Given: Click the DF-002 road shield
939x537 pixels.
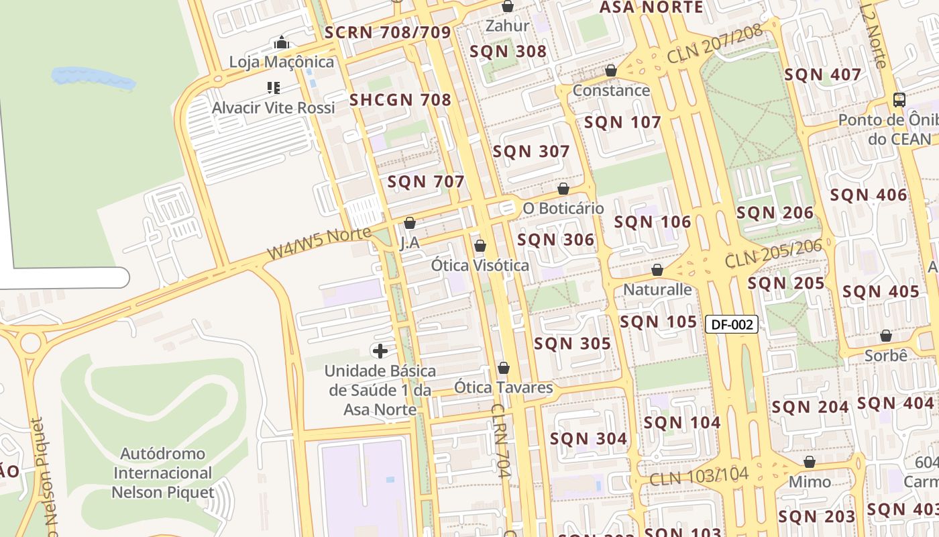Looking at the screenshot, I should coord(732,325).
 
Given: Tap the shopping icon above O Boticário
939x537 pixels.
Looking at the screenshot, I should coord(563,189).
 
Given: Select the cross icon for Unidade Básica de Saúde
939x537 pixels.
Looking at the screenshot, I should coord(380,351).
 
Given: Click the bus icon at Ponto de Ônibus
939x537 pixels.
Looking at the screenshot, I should coord(899,100).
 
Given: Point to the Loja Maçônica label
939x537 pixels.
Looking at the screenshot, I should coord(281,62).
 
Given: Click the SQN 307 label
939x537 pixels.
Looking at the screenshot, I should coord(531,152).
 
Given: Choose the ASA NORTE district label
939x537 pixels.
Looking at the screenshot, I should coord(651,7).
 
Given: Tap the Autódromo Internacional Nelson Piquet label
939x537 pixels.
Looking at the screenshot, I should coord(163,473).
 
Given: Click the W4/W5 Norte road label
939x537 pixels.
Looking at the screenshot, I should coord(319,243).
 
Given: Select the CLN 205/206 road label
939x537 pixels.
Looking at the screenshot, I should coord(773,253).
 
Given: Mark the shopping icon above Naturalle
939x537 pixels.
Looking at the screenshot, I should coord(657,270).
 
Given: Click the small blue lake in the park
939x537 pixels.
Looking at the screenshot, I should coord(93,78).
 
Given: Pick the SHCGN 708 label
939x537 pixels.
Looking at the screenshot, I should coord(400,101).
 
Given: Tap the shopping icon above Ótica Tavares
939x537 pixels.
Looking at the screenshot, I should coord(504,368).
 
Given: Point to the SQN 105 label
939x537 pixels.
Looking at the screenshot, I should coord(659,322).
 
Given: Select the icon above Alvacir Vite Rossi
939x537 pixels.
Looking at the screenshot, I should coord(273,87).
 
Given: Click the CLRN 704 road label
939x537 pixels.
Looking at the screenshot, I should coord(501,440).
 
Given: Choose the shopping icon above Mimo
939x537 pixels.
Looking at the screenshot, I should coord(810,462).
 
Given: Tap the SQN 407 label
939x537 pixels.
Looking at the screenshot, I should coord(823,75).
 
